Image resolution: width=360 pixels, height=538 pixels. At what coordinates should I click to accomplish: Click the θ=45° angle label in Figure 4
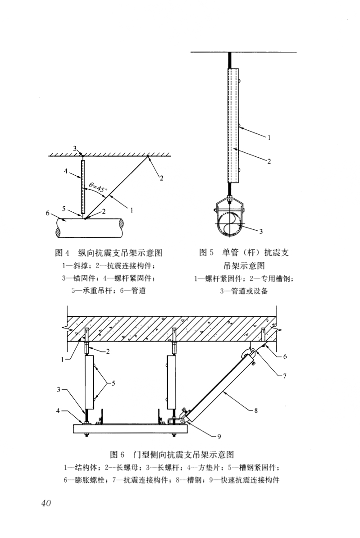(98, 186)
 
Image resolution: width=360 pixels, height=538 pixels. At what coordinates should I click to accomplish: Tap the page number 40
(45, 503)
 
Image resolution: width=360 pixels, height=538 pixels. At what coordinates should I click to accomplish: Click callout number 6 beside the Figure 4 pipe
(48, 213)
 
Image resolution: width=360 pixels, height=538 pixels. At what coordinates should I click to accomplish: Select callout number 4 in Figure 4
(66, 171)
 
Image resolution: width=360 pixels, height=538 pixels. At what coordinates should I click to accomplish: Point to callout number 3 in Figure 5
(261, 232)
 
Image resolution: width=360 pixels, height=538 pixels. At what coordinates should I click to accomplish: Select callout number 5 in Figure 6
(114, 383)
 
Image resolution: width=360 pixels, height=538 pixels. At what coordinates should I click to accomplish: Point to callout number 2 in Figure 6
(108, 352)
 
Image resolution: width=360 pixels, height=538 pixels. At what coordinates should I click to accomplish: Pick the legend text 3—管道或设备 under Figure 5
(244, 292)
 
